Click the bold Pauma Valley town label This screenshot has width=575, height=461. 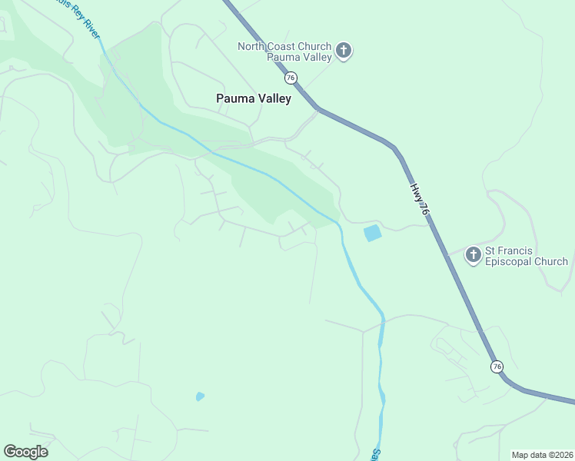254,98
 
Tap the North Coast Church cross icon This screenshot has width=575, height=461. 344,51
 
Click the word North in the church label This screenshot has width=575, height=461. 252,46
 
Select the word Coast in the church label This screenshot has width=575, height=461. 284,46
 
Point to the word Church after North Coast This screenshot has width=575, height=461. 316,46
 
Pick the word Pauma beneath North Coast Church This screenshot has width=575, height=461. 282,57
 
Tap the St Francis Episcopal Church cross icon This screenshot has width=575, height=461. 474,255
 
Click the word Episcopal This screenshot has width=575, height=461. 512,261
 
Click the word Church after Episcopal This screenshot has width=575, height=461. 551,261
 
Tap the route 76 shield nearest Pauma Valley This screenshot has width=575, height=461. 290,78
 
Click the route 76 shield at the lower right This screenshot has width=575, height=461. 497,366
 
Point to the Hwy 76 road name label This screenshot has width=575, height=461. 417,198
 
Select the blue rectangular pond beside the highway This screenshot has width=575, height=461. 372,233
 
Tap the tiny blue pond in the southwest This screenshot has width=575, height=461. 200,396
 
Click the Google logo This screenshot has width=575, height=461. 25,452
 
